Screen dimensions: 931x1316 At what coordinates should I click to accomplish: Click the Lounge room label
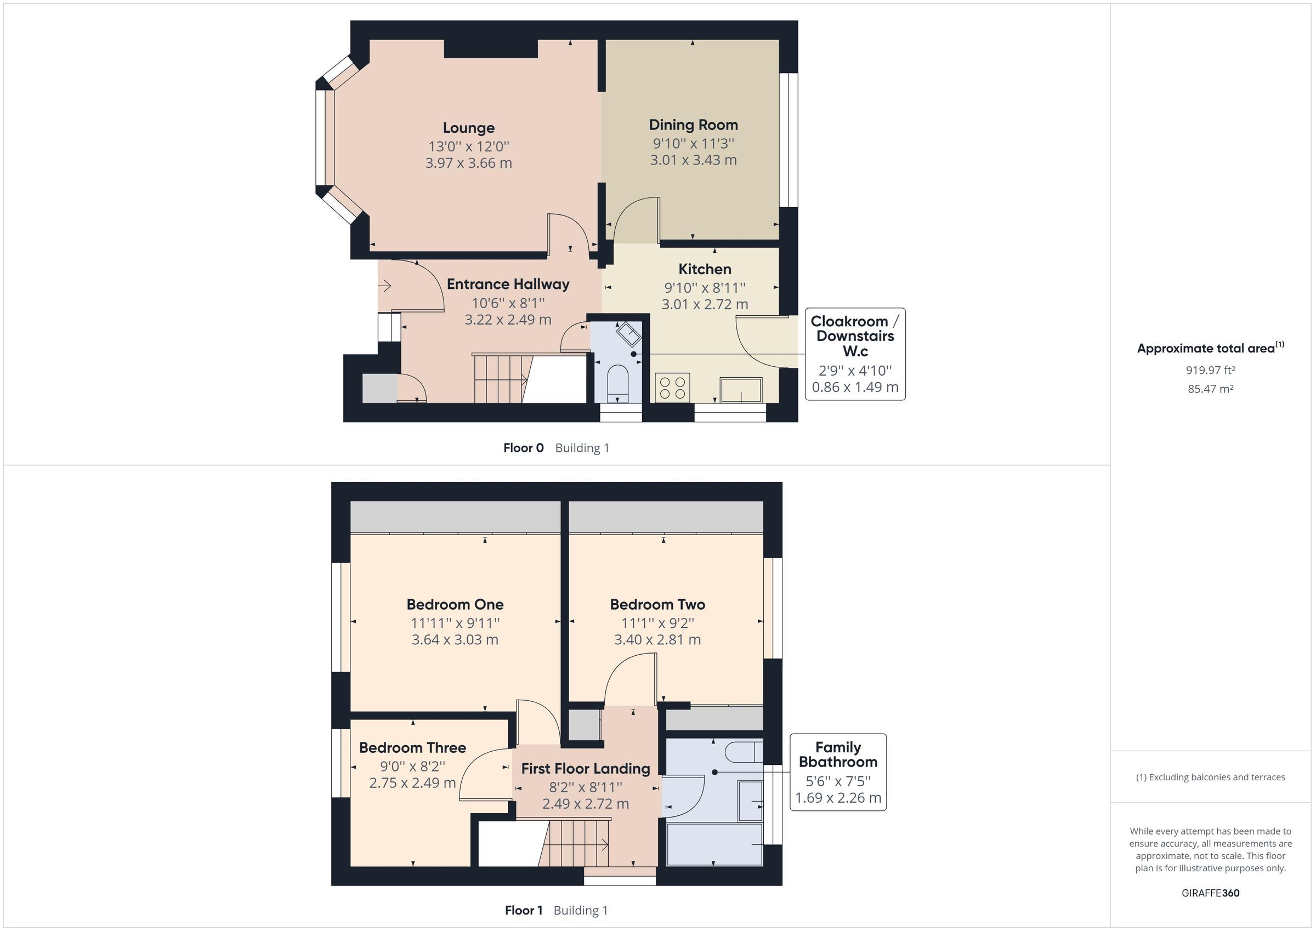468,128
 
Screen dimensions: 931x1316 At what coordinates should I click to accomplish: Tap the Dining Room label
693,125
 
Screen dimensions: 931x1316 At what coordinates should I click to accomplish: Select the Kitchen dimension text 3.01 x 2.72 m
705,304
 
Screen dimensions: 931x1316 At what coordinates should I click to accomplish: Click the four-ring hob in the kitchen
672,387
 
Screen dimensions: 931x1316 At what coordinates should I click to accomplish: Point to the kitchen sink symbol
741,390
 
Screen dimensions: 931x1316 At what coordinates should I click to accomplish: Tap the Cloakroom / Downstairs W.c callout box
855,353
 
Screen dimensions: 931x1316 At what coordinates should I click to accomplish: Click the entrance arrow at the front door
384,285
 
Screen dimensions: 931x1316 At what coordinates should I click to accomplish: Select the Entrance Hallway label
508,285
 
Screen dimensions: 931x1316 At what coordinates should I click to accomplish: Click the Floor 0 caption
523,448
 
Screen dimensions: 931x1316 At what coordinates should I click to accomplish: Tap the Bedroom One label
455,604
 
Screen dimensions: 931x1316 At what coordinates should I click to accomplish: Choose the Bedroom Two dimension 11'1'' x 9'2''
657,622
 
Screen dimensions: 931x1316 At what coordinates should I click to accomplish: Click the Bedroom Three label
412,747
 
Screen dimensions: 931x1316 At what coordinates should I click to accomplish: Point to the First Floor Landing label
585,768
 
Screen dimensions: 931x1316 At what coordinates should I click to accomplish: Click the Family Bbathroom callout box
837,771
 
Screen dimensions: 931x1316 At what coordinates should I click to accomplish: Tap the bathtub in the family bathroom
714,844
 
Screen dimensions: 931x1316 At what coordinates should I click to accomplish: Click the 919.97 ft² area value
1210,370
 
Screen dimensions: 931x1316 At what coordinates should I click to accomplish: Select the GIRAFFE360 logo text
1210,893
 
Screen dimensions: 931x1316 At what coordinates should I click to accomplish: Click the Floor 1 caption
523,910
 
